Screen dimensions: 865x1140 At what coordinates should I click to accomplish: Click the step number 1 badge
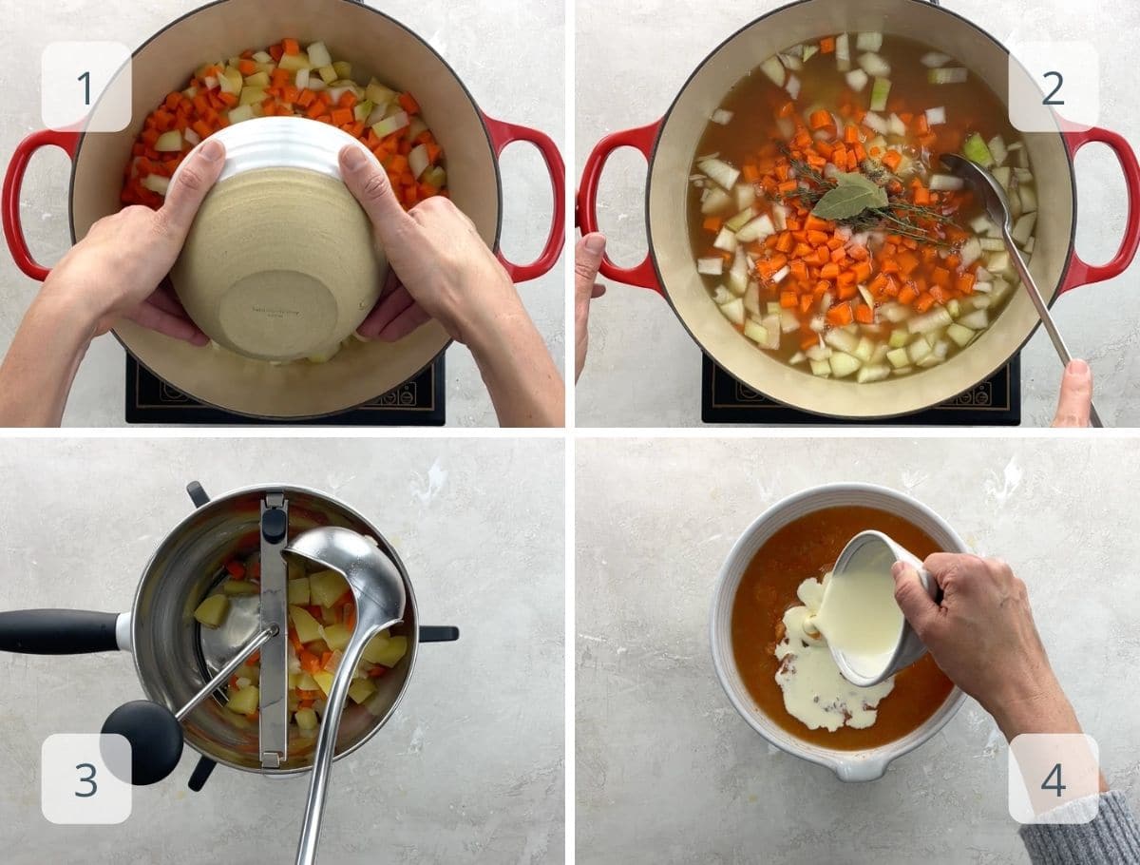[x=85, y=86]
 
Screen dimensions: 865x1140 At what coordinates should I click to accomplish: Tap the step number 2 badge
[x=1053, y=86]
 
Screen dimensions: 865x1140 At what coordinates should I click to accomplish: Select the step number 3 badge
[x=85, y=778]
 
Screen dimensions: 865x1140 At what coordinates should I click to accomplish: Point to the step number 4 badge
[x=1053, y=778]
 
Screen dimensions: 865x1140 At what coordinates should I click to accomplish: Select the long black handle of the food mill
[x=57, y=631]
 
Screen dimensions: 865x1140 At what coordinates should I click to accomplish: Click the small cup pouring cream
[x=869, y=608]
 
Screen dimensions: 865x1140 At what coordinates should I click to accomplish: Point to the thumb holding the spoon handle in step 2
[x=1074, y=390]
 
